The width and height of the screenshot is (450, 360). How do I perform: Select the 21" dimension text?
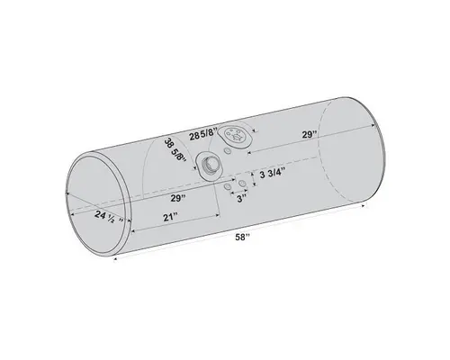[171, 216]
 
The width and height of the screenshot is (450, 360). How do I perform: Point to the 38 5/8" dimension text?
[176, 149]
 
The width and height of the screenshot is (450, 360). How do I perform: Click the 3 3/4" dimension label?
[273, 174]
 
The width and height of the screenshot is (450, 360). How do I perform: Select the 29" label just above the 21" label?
[176, 195]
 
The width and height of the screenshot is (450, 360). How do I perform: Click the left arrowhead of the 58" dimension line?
[117, 253]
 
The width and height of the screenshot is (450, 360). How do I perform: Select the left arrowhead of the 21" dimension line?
[132, 231]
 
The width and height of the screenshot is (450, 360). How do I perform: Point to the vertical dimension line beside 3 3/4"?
[255, 174]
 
